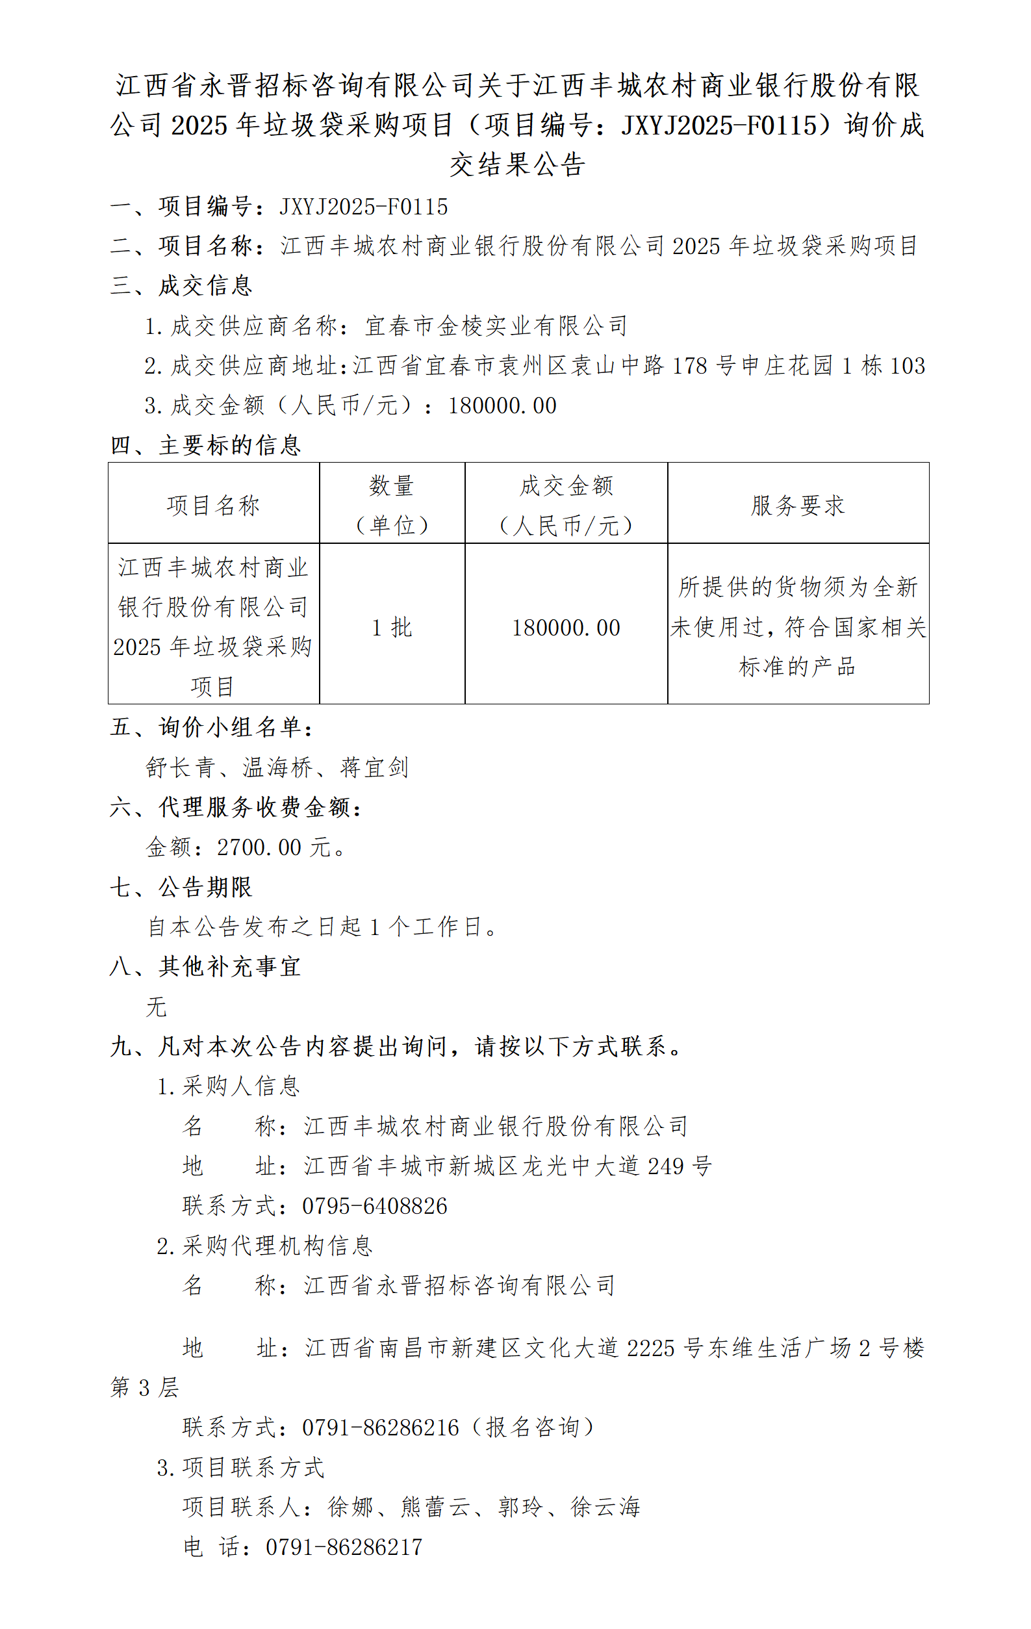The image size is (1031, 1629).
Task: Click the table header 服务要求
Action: point(798,505)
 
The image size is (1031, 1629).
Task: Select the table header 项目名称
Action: point(213,505)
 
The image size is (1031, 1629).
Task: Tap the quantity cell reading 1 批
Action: point(392,627)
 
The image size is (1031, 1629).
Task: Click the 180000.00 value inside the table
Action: point(566,627)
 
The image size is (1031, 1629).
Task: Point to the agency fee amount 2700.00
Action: point(259,847)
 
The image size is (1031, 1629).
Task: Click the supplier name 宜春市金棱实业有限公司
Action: point(496,326)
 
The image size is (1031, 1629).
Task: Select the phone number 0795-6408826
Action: point(375,1205)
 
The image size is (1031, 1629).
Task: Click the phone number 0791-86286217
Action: point(344,1546)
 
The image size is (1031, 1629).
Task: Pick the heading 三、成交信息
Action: point(181,285)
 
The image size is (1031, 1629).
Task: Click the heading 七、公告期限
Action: point(181,887)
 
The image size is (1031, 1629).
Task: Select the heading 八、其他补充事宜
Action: point(205,966)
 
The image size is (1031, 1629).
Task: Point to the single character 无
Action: point(157,1006)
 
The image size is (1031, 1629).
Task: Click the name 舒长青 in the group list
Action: point(181,767)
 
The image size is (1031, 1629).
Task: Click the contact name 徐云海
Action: point(605,1507)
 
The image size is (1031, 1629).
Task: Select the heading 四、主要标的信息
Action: point(205,445)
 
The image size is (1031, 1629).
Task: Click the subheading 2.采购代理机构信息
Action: point(264,1246)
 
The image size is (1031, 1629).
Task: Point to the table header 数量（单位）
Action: point(392,505)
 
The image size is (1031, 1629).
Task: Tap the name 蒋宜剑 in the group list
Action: point(375,767)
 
